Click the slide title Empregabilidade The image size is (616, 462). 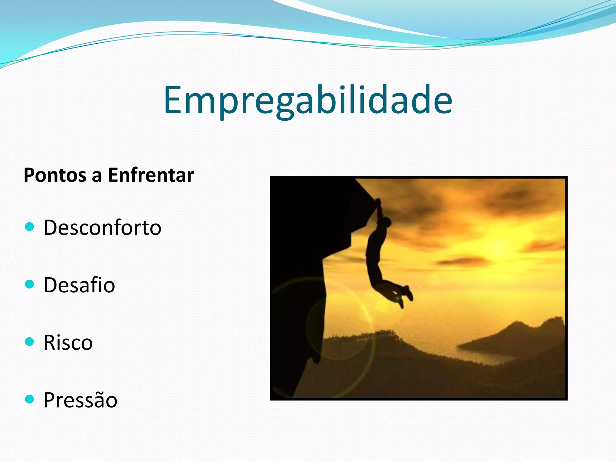pyautogui.click(x=308, y=100)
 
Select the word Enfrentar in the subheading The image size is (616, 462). pyautogui.click(x=151, y=175)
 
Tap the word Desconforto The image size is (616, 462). pyautogui.click(x=102, y=227)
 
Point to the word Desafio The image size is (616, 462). pyautogui.click(x=79, y=285)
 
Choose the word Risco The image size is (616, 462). pyautogui.click(x=68, y=343)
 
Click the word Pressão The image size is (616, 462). pyautogui.click(x=80, y=400)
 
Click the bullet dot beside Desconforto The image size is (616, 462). pyautogui.click(x=29, y=226)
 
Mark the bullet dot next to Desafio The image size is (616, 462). pyautogui.click(x=29, y=284)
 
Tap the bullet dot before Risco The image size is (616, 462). pyautogui.click(x=29, y=342)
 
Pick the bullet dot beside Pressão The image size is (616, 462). pyautogui.click(x=29, y=399)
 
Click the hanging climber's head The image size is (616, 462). pyautogui.click(x=387, y=223)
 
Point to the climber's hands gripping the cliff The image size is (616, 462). pyautogui.click(x=378, y=202)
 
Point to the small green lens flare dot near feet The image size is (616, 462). pyautogui.click(x=397, y=298)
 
